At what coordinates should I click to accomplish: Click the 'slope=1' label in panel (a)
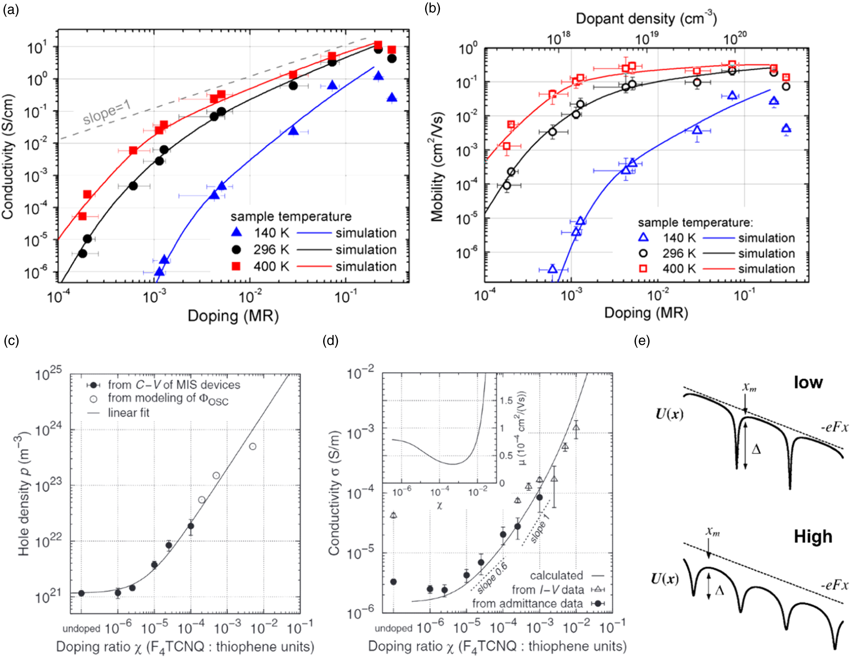(x=107, y=113)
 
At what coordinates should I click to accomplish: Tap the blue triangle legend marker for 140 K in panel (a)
(x=236, y=232)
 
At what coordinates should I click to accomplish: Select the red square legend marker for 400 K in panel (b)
(x=643, y=269)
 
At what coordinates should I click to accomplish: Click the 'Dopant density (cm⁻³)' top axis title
(x=646, y=19)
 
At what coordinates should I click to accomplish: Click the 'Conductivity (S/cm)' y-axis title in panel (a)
(x=8, y=157)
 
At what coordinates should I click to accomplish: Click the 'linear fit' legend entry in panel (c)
(x=128, y=412)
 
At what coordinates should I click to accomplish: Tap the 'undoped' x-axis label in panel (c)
(x=81, y=629)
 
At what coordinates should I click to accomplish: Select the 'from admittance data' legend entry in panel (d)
(x=527, y=603)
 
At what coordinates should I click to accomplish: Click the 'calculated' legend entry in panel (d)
(x=556, y=575)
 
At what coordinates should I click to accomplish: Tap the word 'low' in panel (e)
(x=808, y=382)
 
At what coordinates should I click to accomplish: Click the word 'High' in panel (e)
(x=813, y=537)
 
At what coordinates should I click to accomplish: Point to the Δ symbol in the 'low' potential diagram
(x=756, y=449)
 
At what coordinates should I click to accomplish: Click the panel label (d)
(x=330, y=341)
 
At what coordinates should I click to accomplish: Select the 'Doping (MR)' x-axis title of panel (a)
(x=233, y=316)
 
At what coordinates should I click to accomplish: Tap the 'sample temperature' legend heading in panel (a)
(x=291, y=216)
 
